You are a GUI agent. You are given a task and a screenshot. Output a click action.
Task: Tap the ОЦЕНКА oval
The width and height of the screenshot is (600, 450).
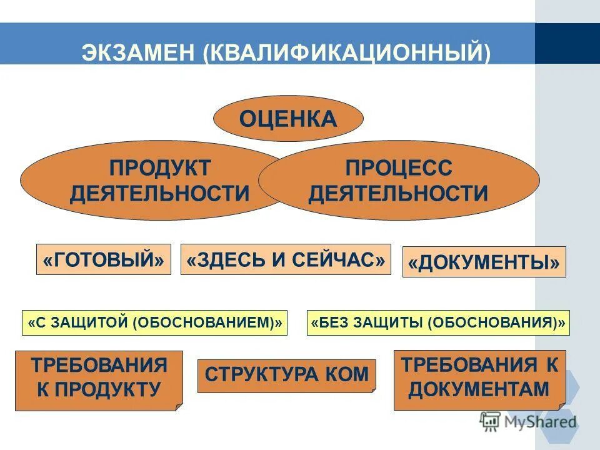click(x=288, y=118)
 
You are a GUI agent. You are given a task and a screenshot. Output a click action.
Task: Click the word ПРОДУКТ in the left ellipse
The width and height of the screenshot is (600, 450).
click(x=160, y=168)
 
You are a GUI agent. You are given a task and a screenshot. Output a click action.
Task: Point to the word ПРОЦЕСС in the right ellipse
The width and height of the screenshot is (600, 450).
click(x=398, y=168)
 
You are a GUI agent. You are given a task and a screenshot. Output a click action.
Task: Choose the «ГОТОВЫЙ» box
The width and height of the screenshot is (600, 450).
click(x=104, y=260)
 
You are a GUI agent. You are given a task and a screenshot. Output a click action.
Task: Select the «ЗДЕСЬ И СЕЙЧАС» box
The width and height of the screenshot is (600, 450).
click(x=286, y=260)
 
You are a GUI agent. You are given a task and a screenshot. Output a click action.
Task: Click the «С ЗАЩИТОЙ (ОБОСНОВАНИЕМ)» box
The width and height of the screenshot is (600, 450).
click(x=155, y=322)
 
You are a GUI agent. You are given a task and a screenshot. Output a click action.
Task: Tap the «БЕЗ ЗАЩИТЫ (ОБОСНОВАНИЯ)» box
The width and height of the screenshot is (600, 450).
click(x=438, y=322)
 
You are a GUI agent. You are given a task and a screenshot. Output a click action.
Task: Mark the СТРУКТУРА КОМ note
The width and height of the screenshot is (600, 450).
click(x=287, y=376)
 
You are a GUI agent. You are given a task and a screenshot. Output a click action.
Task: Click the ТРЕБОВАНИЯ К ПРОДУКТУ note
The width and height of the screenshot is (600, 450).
click(x=99, y=379)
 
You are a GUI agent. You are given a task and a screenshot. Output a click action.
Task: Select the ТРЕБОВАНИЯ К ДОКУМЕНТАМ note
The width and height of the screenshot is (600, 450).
click(x=480, y=379)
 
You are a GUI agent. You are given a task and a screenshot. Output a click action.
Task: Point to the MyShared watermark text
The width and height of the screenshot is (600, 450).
click(x=541, y=421)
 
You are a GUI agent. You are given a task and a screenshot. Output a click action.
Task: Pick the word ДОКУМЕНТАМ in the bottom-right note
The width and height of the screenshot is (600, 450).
click(x=480, y=391)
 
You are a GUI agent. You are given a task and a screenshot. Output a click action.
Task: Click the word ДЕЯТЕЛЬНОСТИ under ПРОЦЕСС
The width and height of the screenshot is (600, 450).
click(x=398, y=193)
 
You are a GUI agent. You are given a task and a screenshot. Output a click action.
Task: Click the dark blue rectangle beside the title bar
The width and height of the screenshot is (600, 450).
click(x=567, y=44)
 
